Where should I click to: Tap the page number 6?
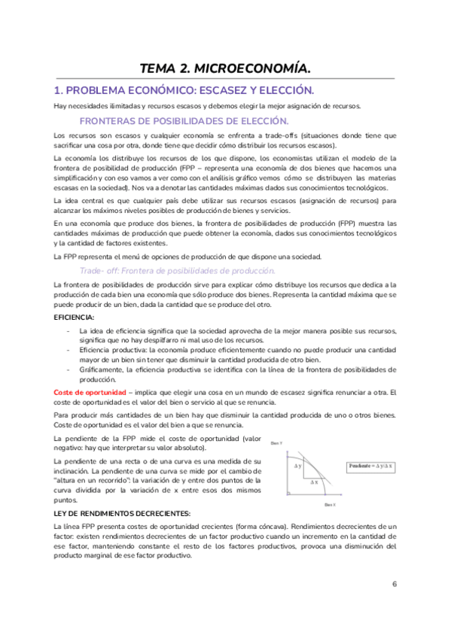pyautogui.click(x=394, y=584)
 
